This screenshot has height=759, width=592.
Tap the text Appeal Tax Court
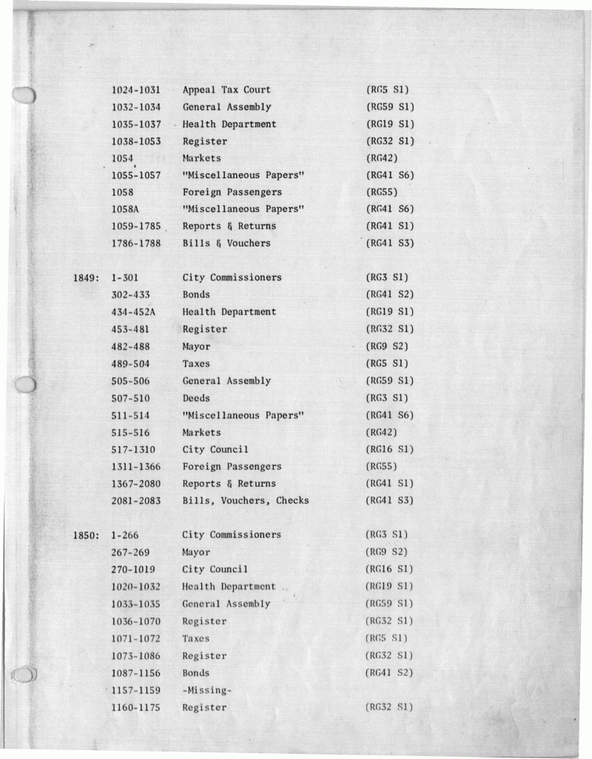pyautogui.click(x=226, y=90)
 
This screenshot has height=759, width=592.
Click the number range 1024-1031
pyautogui.click(x=136, y=90)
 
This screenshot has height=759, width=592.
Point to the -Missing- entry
pyautogui.click(x=206, y=690)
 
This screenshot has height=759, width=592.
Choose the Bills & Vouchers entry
pyautogui.click(x=226, y=243)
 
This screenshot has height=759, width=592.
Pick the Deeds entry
pyautogui.click(x=196, y=398)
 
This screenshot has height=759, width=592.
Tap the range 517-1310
pyautogui.click(x=133, y=450)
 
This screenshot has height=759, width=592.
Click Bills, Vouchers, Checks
pyautogui.click(x=246, y=501)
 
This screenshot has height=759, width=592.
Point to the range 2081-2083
pyautogui.click(x=136, y=501)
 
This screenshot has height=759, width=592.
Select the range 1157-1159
pyautogui.click(x=136, y=690)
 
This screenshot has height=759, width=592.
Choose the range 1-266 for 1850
pyautogui.click(x=124, y=535)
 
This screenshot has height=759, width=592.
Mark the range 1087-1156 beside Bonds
pyautogui.click(x=136, y=673)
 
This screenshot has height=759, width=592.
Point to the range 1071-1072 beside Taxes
pyautogui.click(x=136, y=638)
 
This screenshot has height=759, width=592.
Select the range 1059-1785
pyautogui.click(x=136, y=226)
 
